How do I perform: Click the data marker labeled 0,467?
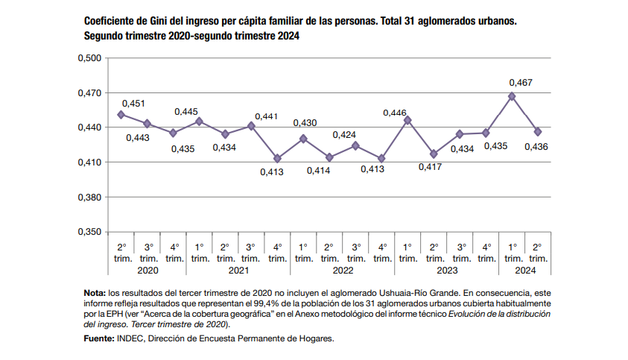pyautogui.click(x=512, y=96)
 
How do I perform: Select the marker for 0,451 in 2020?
pyautogui.click(x=121, y=114)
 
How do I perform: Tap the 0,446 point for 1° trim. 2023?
pyautogui.click(x=407, y=120)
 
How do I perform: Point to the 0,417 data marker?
pyautogui.click(x=434, y=154)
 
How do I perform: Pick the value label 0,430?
pyautogui.click(x=305, y=123)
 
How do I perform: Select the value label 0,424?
pyautogui.click(x=344, y=135)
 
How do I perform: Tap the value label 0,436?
pyautogui.click(x=536, y=147)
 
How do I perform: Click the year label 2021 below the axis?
pyautogui.click(x=238, y=271)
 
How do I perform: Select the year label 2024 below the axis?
pyautogui.click(x=524, y=271)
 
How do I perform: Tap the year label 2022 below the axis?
pyautogui.click(x=342, y=271)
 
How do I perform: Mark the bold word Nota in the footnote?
pyautogui.click(x=95, y=294)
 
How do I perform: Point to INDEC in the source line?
pyautogui.click(x=131, y=338)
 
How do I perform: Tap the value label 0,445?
pyautogui.click(x=186, y=112)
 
